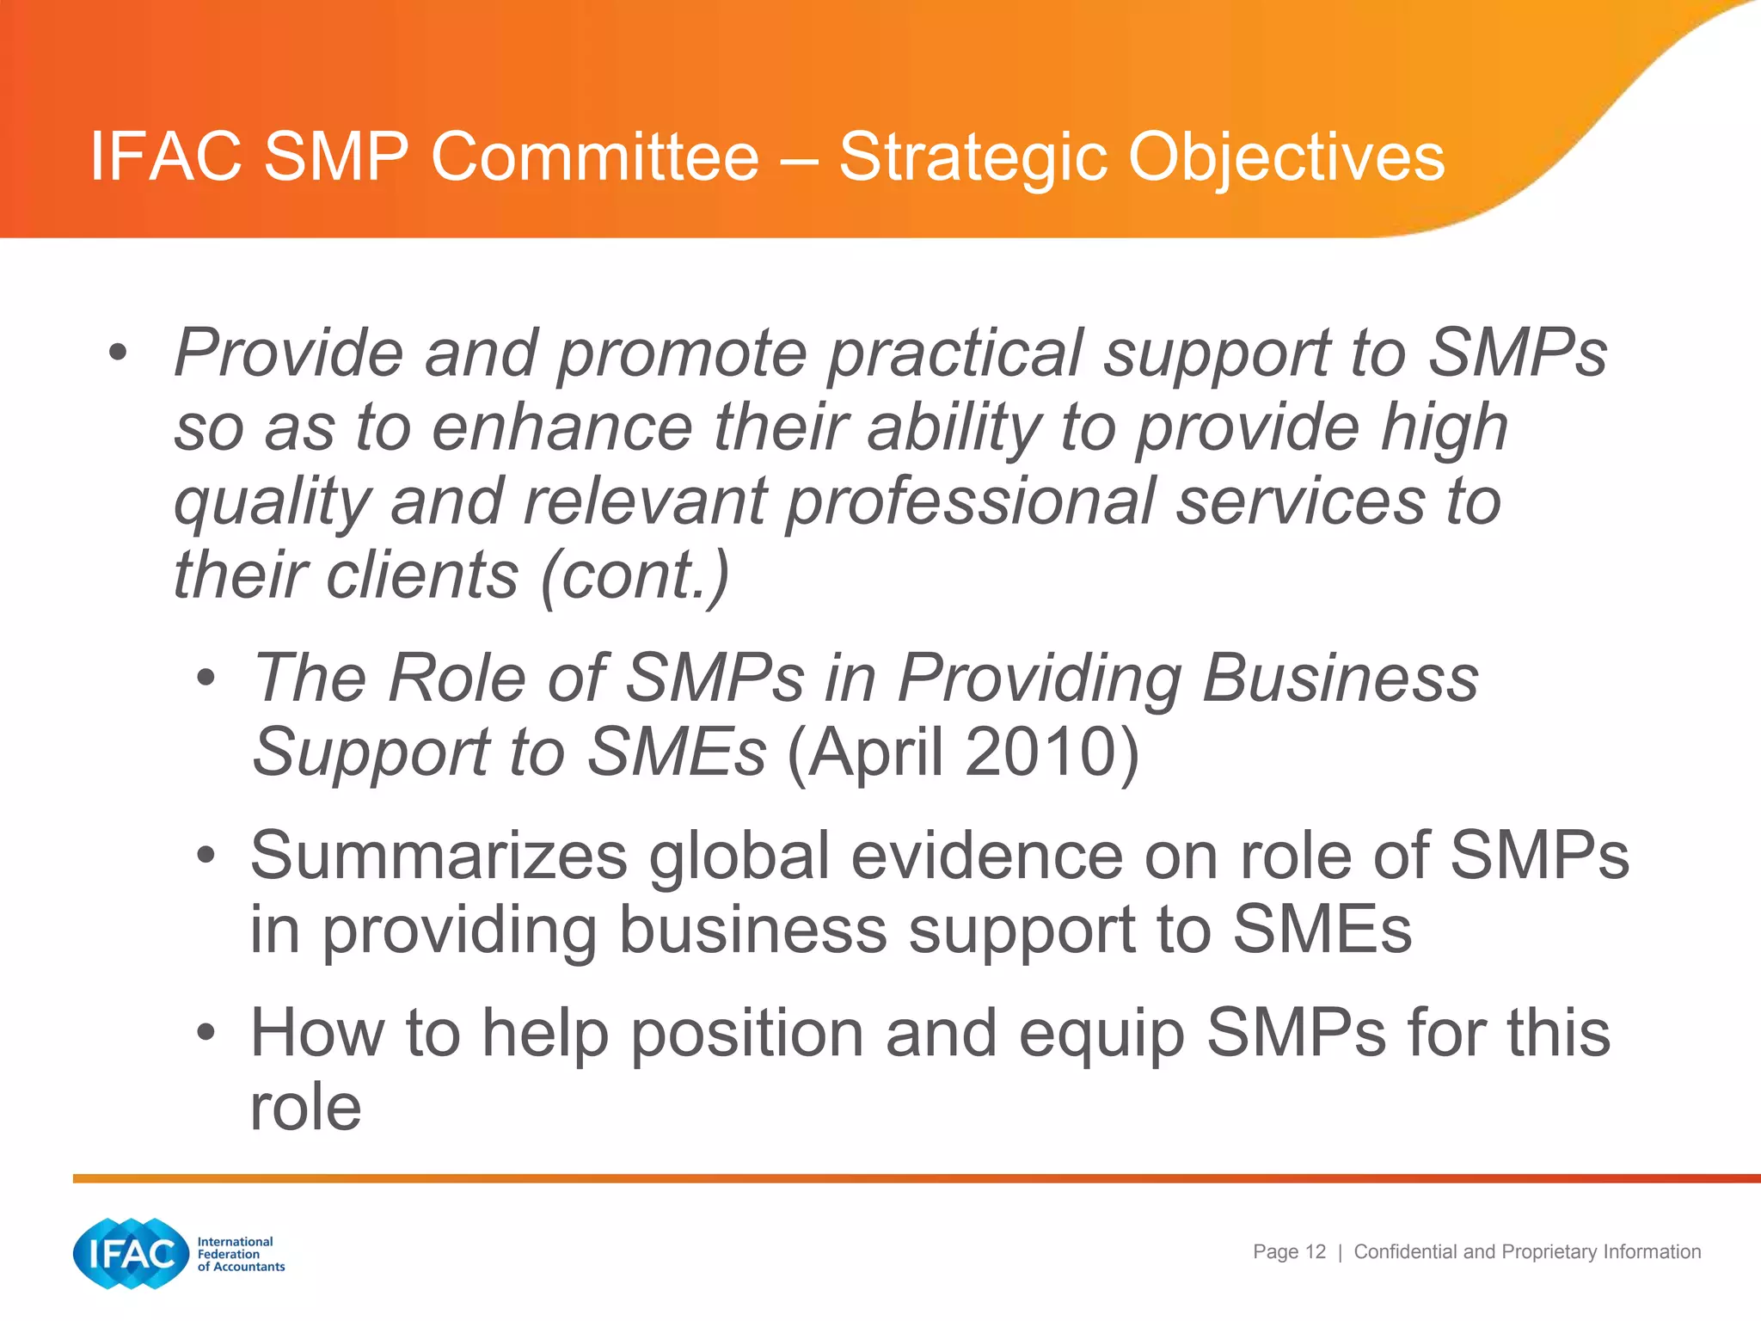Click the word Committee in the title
(x=595, y=157)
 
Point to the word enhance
(x=562, y=427)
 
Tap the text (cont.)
(x=635, y=575)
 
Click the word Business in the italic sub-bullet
(x=1340, y=679)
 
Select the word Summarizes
(x=439, y=856)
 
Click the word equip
(x=1101, y=1035)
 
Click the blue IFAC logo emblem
(x=131, y=1253)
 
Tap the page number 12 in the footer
(x=1315, y=1252)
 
